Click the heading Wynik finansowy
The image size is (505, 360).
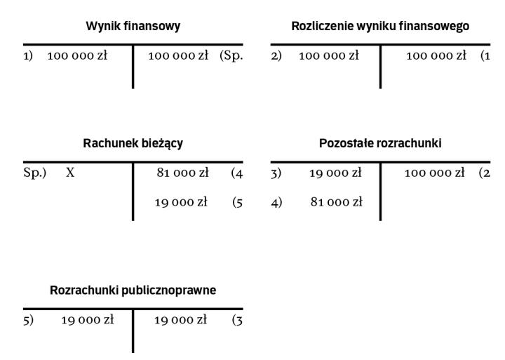[x=133, y=26]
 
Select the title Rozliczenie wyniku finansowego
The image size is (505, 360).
[x=380, y=26]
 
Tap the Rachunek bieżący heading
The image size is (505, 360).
[x=133, y=143]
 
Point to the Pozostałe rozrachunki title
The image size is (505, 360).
[x=380, y=143]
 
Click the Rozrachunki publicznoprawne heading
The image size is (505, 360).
[x=133, y=290]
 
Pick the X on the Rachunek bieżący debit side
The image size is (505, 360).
[x=70, y=173]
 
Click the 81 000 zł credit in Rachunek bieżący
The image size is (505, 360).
[x=182, y=173]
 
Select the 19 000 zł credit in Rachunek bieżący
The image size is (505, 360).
[x=181, y=202]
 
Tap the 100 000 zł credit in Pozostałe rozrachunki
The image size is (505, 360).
[x=434, y=173]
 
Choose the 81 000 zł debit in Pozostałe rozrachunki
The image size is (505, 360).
[x=337, y=202]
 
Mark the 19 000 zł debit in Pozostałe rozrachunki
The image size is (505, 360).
[x=335, y=173]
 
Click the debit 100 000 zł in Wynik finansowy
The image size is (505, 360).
[x=77, y=55]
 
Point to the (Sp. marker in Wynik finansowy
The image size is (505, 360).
[x=231, y=55]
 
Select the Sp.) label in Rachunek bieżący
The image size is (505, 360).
[x=35, y=173]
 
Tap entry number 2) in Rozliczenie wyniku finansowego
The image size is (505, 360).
[x=276, y=55]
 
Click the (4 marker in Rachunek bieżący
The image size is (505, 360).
[x=237, y=173]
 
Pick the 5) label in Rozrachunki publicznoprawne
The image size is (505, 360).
[x=28, y=320]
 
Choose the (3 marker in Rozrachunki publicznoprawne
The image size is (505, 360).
[x=237, y=320]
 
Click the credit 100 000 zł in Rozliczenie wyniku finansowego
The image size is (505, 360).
[x=436, y=55]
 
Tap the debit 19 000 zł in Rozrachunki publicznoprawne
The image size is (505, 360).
[x=88, y=320]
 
